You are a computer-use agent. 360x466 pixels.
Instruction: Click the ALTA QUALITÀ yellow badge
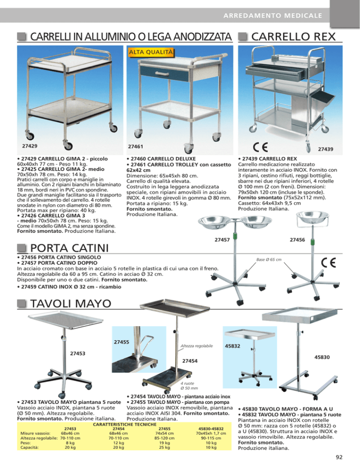(x=151, y=53)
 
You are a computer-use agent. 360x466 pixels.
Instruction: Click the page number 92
(x=339, y=457)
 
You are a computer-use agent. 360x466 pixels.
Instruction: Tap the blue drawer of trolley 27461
(x=165, y=73)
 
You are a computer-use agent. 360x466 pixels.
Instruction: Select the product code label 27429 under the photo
(x=30, y=146)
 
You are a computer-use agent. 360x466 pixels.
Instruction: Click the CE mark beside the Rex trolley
(x=261, y=147)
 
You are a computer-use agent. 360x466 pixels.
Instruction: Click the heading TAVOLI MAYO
(x=71, y=303)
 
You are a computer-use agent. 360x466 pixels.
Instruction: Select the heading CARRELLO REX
(x=293, y=37)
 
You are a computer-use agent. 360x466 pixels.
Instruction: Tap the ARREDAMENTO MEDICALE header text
(x=273, y=15)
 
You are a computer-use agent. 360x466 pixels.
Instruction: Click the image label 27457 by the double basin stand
(x=222, y=240)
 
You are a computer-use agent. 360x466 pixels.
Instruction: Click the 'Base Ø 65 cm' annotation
(x=269, y=259)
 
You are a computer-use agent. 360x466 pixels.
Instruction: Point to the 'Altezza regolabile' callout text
(x=197, y=346)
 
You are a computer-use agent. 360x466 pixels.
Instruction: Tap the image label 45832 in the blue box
(x=232, y=346)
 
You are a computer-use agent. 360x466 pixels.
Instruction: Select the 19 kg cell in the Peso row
(x=165, y=443)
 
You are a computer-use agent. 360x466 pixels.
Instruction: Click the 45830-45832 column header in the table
(x=211, y=428)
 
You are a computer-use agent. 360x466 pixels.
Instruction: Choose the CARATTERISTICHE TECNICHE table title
(x=125, y=424)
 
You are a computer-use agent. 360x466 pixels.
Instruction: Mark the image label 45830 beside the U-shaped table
(x=322, y=357)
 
